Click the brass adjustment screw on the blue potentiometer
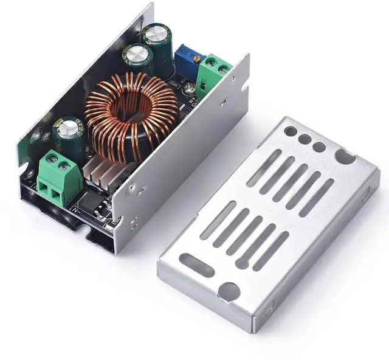[x=196, y=57]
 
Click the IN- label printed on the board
[x=77, y=210]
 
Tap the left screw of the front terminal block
[x=49, y=165]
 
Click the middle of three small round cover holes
[x=305, y=139]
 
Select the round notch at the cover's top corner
[x=345, y=157]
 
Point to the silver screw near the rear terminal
[x=225, y=70]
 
